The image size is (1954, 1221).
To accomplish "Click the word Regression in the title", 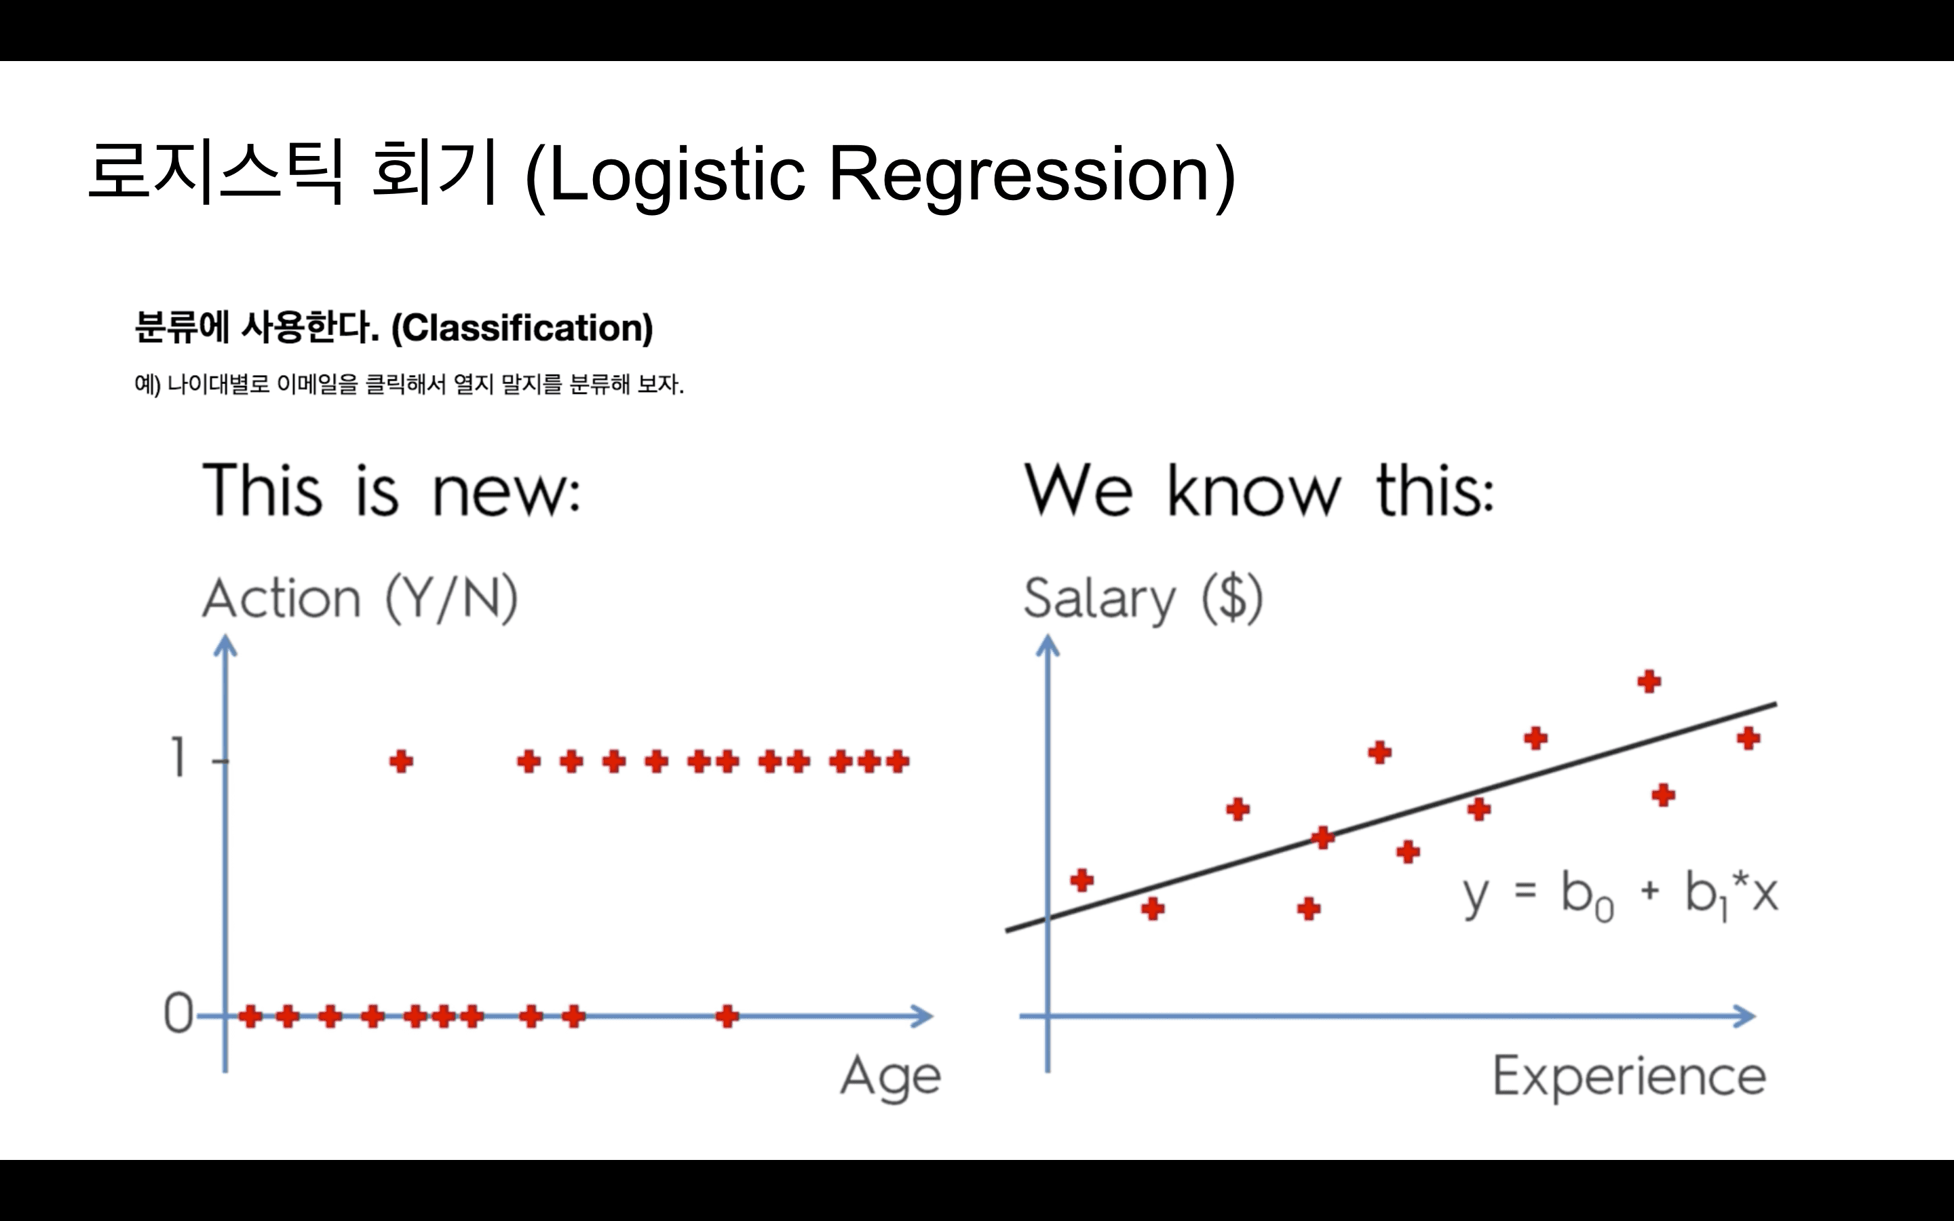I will pyautogui.click(x=1020, y=174).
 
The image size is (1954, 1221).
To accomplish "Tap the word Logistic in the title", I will pyautogui.click(x=676, y=174).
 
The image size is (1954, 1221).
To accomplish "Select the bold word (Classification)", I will pyautogui.click(x=522, y=328).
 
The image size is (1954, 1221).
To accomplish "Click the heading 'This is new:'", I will pyautogui.click(x=391, y=490).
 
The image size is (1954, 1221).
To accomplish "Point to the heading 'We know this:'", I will pyautogui.click(x=1259, y=490).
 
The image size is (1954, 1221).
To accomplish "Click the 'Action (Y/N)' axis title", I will pyautogui.click(x=360, y=598).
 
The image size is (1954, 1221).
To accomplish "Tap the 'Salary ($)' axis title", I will pyautogui.click(x=1143, y=598).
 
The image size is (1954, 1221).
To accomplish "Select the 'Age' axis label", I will pyautogui.click(x=891, y=1077).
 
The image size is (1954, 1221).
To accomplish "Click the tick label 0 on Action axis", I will pyautogui.click(x=178, y=1013).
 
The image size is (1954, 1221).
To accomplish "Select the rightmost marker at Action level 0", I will pyautogui.click(x=727, y=1016).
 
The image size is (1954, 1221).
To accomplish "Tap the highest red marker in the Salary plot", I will pyautogui.click(x=1649, y=682).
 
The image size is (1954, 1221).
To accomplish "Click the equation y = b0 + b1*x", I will pyautogui.click(x=1620, y=895).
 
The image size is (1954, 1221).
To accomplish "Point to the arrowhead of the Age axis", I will pyautogui.click(x=925, y=1016).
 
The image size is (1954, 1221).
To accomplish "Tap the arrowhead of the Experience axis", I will pyautogui.click(x=1746, y=1016).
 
